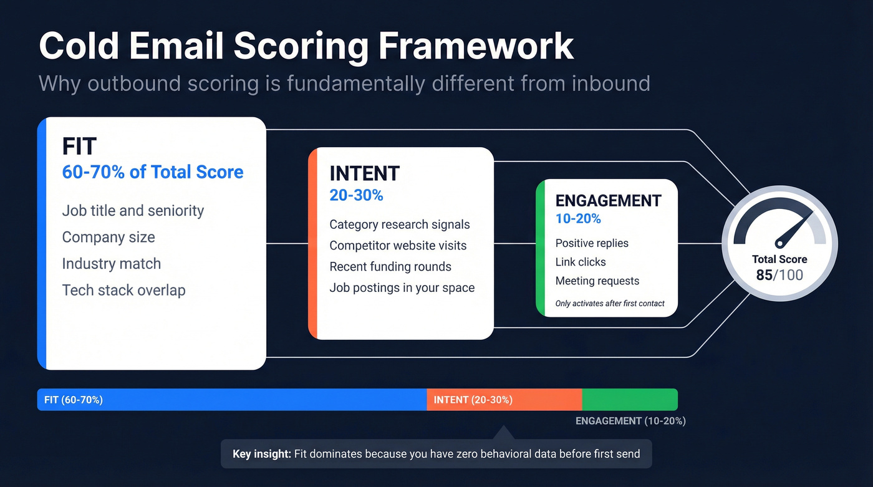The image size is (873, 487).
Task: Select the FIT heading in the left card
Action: (79, 147)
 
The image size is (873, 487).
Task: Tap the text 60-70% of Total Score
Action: (153, 172)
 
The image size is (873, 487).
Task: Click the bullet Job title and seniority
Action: (133, 211)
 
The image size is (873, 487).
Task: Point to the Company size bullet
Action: (109, 237)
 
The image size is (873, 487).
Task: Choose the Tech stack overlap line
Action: (123, 290)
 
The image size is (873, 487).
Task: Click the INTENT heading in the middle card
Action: (364, 173)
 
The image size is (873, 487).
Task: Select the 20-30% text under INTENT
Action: (356, 195)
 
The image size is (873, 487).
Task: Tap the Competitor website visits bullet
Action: (398, 246)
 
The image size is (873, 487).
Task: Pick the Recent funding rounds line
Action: (390, 267)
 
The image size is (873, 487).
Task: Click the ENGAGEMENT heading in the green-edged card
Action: (608, 201)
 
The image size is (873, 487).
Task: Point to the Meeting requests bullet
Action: (597, 281)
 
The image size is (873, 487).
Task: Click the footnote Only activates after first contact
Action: (609, 304)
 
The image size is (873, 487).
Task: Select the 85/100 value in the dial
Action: (779, 275)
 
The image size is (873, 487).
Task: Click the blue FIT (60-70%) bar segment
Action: (231, 400)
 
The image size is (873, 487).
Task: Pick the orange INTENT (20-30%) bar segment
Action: (504, 400)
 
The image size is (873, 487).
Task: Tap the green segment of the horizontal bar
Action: (630, 400)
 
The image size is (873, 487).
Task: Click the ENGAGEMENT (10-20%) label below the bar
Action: (630, 421)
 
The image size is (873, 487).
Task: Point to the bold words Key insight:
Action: (262, 454)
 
